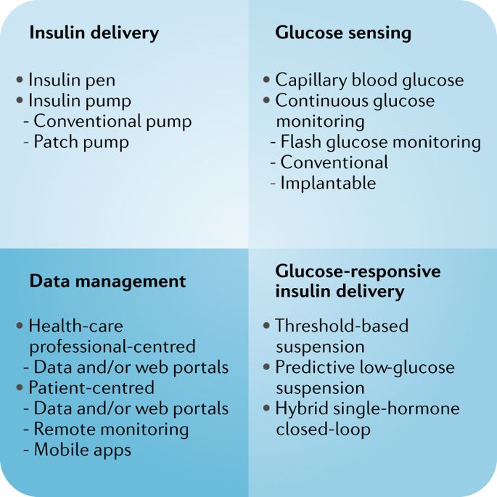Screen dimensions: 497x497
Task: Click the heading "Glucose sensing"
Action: (343, 33)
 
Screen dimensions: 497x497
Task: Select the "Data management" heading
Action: (107, 281)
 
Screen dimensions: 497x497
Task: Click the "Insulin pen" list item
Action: (71, 80)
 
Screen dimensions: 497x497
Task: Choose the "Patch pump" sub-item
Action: (81, 141)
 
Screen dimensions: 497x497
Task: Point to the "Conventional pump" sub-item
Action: (112, 121)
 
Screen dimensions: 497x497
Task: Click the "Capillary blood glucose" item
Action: (369, 80)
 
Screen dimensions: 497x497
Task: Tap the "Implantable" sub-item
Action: (327, 183)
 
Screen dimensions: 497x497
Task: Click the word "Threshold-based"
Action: (341, 326)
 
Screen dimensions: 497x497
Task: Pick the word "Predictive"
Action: (313, 367)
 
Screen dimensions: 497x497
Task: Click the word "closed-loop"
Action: (323, 429)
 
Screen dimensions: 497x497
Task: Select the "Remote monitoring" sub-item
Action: (111, 429)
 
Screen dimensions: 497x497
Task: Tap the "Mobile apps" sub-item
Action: (82, 450)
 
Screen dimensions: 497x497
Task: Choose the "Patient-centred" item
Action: (91, 387)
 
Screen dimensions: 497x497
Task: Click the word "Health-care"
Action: (75, 326)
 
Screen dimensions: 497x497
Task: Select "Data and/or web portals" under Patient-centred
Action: (131, 408)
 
